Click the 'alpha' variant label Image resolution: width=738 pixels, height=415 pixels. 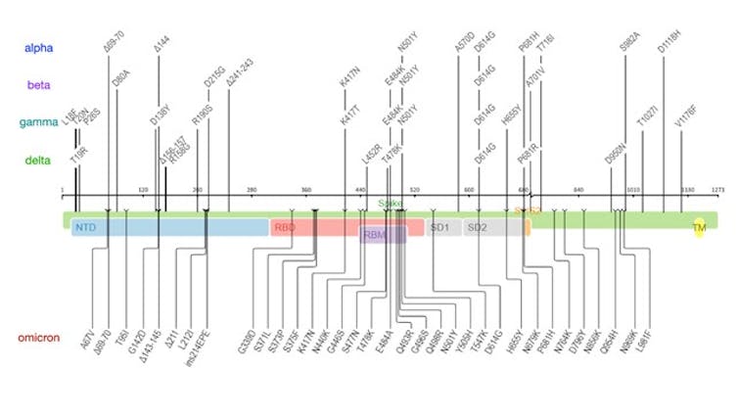(40, 47)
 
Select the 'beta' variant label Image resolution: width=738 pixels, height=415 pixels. (39, 85)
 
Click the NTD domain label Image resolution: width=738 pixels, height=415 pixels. (85, 227)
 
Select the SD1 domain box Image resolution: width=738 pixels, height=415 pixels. (439, 227)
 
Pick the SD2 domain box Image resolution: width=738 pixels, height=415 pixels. (477, 227)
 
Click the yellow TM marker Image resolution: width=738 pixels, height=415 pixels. (699, 227)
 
